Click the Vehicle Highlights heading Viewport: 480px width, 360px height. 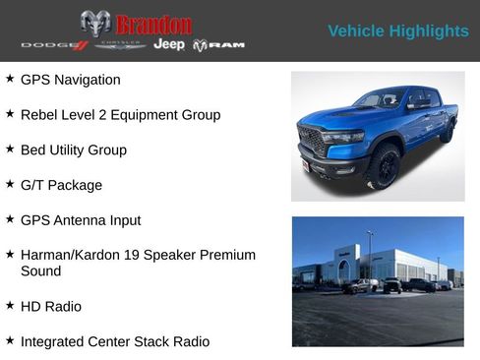click(x=397, y=30)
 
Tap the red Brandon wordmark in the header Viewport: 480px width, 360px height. click(x=152, y=24)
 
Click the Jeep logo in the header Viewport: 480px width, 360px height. click(x=169, y=45)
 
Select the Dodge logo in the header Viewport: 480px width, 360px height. click(x=54, y=45)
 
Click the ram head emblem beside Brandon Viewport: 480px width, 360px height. click(x=95, y=24)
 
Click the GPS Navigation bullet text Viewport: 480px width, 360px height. click(x=71, y=80)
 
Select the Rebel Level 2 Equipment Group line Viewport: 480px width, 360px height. click(x=120, y=115)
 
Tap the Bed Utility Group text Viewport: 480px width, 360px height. click(x=74, y=150)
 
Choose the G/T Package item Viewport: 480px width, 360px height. click(x=61, y=185)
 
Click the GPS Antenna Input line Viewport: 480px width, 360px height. click(x=81, y=220)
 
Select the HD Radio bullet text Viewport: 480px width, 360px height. click(x=51, y=307)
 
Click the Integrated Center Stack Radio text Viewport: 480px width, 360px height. click(x=115, y=341)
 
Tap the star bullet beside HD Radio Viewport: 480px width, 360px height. click(x=10, y=306)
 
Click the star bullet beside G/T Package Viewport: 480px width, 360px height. click(x=10, y=184)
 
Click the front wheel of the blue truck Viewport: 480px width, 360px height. click(x=384, y=167)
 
